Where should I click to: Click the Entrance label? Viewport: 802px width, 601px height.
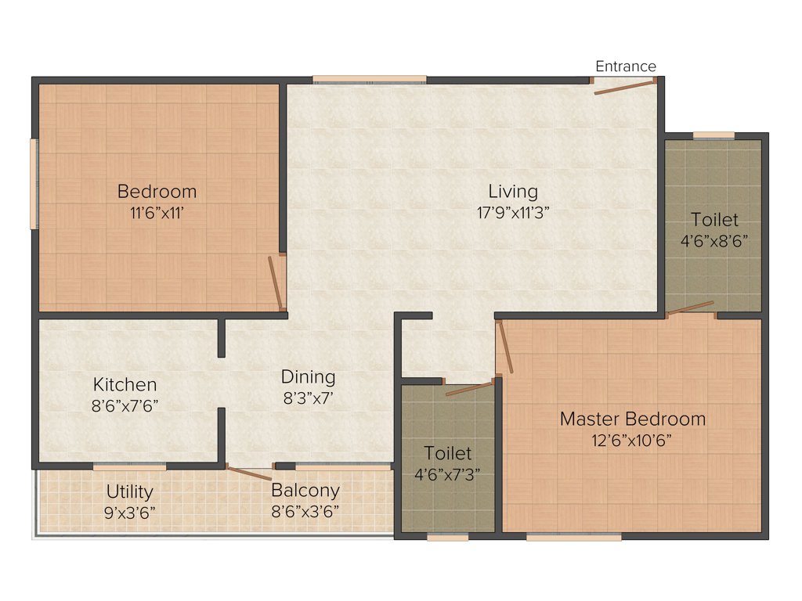pos(626,67)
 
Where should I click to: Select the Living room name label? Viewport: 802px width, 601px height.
pos(513,191)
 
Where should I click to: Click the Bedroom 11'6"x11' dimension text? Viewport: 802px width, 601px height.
pos(157,212)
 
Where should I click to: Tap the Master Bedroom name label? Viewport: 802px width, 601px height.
pos(632,419)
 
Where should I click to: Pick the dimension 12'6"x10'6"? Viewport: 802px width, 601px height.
pos(632,440)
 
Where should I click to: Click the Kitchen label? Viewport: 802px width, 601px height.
pos(125,384)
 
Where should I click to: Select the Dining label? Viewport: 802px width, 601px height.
pos(309,376)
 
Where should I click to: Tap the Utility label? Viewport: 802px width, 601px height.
pos(130,492)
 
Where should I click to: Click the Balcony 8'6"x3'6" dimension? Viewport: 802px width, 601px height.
pos(305,513)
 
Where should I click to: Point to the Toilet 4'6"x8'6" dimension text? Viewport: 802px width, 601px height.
pos(714,241)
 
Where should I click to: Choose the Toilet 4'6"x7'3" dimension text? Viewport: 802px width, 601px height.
pos(448,473)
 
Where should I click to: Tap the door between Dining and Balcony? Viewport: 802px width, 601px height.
pos(249,472)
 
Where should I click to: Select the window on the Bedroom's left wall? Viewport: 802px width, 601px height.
pos(34,184)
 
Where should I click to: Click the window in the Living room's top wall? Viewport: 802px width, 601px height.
pos(369,79)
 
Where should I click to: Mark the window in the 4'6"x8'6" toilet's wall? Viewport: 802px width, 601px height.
pos(713,135)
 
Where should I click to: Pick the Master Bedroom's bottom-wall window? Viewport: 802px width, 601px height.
pos(573,537)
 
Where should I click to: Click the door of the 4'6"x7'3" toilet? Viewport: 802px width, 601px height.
pos(471,389)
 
